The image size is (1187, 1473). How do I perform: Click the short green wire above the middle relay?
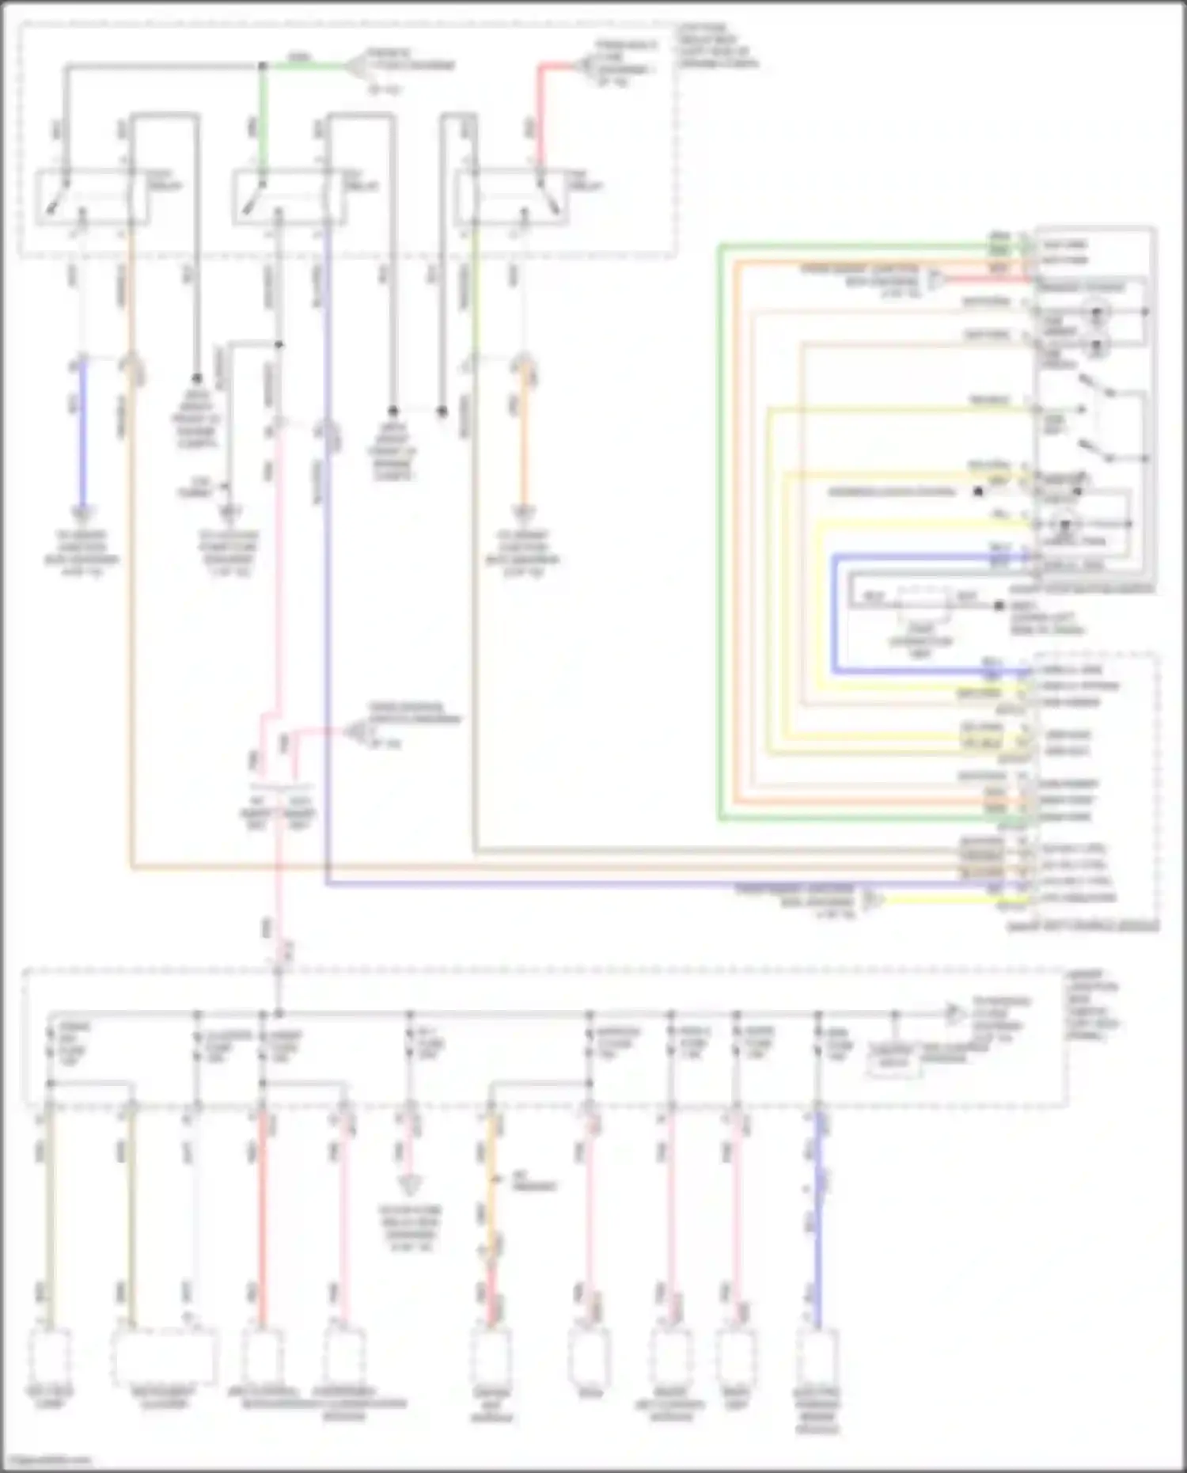point(263,119)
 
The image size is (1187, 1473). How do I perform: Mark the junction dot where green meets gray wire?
point(263,66)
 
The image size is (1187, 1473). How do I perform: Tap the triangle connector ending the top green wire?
point(356,66)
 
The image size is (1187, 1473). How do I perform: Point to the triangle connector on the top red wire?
point(587,68)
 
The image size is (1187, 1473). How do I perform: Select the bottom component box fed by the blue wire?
point(817,1357)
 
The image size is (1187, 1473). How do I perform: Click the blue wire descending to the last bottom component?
point(818,1219)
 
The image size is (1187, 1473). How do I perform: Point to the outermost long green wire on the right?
point(720,530)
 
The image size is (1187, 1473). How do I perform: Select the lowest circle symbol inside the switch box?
point(1064,526)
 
